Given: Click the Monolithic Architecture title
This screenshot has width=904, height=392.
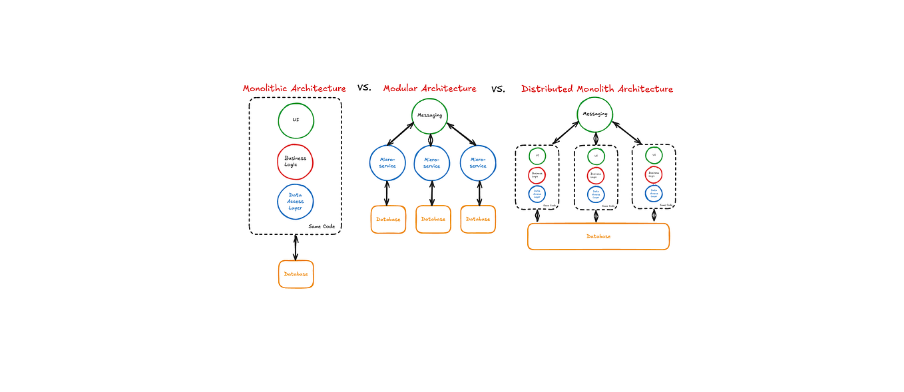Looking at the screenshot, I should pyautogui.click(x=294, y=89).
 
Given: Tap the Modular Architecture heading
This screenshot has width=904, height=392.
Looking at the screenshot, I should pyautogui.click(x=429, y=89).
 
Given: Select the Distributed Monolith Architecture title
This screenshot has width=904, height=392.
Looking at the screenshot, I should pyautogui.click(x=596, y=89).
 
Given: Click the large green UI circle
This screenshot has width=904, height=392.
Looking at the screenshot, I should pyautogui.click(x=296, y=120).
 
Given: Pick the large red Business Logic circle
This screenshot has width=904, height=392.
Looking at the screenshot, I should pyautogui.click(x=295, y=162).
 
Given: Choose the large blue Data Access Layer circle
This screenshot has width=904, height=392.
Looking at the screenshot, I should pyautogui.click(x=295, y=202).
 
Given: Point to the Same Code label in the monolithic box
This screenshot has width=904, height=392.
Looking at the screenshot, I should pyautogui.click(x=322, y=226).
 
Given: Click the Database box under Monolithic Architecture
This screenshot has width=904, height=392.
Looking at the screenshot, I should pyautogui.click(x=296, y=274).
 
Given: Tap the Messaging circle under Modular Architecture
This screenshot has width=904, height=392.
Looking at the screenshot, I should pyautogui.click(x=429, y=115).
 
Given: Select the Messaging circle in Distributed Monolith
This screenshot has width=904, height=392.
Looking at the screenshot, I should pyautogui.click(x=594, y=114).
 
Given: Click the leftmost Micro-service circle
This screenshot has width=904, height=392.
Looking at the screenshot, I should pyautogui.click(x=387, y=162).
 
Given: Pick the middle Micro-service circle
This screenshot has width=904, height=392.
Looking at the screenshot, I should pyautogui.click(x=431, y=162).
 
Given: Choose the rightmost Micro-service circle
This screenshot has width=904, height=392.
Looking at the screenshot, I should pyautogui.click(x=478, y=162).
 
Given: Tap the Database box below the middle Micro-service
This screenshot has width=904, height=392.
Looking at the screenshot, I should pyautogui.click(x=433, y=219).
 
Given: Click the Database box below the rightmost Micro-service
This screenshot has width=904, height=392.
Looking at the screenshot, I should pyautogui.click(x=478, y=219).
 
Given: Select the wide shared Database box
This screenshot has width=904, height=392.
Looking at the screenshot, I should pyautogui.click(x=598, y=236).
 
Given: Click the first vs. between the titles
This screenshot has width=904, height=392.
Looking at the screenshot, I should pyautogui.click(x=364, y=87).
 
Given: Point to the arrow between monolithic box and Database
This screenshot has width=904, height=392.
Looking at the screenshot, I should pyautogui.click(x=296, y=247).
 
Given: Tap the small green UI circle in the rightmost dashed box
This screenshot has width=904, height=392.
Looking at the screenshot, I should pyautogui.click(x=654, y=156).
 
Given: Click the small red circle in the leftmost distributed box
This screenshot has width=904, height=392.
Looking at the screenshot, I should pyautogui.click(x=537, y=175).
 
